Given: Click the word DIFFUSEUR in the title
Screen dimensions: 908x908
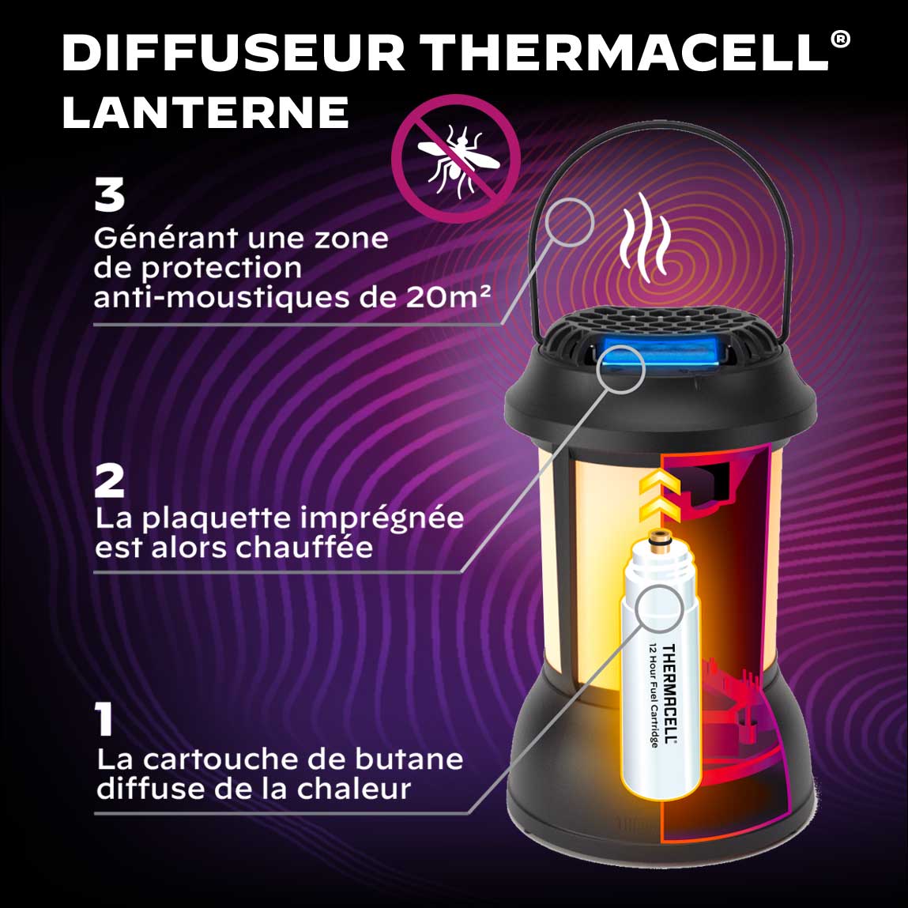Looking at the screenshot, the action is tap(233, 53).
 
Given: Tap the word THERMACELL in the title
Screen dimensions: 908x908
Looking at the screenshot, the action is tap(625, 53).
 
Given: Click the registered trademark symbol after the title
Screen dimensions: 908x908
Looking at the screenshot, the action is tap(840, 40).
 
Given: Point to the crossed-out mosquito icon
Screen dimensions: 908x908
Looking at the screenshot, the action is tap(456, 159).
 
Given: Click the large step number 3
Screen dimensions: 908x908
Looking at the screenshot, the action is tap(109, 194).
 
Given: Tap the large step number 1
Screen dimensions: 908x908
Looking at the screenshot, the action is tap(105, 719).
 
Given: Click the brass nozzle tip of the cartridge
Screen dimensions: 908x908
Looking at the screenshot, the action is tap(657, 538).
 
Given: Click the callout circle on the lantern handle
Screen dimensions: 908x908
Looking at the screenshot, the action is tap(570, 222).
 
